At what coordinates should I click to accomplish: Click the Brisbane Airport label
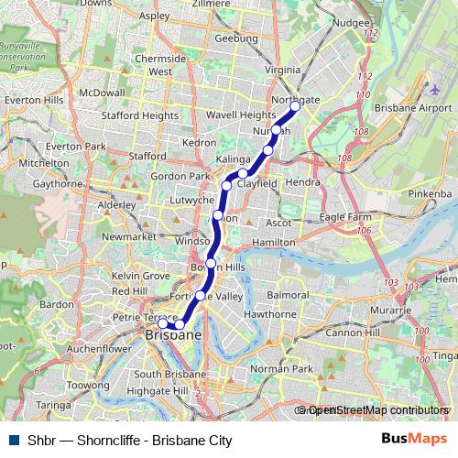408,107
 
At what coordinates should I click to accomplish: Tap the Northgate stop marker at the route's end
295,107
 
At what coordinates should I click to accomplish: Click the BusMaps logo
412,440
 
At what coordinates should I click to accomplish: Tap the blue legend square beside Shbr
14,441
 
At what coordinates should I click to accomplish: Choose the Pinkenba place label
431,194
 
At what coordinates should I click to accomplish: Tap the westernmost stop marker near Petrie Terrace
162,323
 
